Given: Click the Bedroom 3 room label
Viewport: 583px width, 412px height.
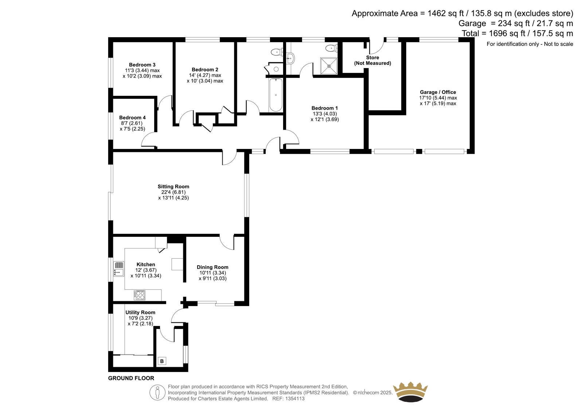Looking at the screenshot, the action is click(x=142, y=65).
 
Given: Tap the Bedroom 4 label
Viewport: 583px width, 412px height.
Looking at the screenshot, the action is click(x=133, y=118).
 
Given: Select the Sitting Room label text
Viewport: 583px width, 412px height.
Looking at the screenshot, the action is click(x=173, y=187).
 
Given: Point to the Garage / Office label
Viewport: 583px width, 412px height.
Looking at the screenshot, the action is click(x=438, y=92).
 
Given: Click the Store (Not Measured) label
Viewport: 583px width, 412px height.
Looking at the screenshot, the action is click(x=372, y=60).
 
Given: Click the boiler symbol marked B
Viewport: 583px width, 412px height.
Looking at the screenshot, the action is click(x=162, y=361).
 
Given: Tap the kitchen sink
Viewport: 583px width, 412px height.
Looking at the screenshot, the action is click(x=119, y=269).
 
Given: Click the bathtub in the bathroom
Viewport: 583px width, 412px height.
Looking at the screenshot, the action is click(x=276, y=95).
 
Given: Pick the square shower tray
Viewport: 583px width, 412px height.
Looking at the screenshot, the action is click(x=329, y=66).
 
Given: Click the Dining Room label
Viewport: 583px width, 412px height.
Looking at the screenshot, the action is click(x=212, y=267).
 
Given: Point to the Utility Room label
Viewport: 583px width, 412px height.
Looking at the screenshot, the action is click(x=140, y=312).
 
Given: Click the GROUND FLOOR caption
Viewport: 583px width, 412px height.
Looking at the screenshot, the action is click(x=131, y=378).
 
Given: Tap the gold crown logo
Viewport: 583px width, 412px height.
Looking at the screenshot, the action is click(x=410, y=392).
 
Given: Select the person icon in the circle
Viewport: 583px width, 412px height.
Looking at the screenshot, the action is click(x=157, y=392).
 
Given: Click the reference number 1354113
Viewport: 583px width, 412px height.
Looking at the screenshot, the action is click(x=295, y=399).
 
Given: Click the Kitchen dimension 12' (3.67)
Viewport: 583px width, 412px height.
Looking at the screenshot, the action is click(x=146, y=270).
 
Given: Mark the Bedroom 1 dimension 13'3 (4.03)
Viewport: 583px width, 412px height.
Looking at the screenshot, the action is click(x=325, y=114).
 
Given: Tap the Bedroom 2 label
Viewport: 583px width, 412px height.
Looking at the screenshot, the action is click(x=205, y=70).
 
